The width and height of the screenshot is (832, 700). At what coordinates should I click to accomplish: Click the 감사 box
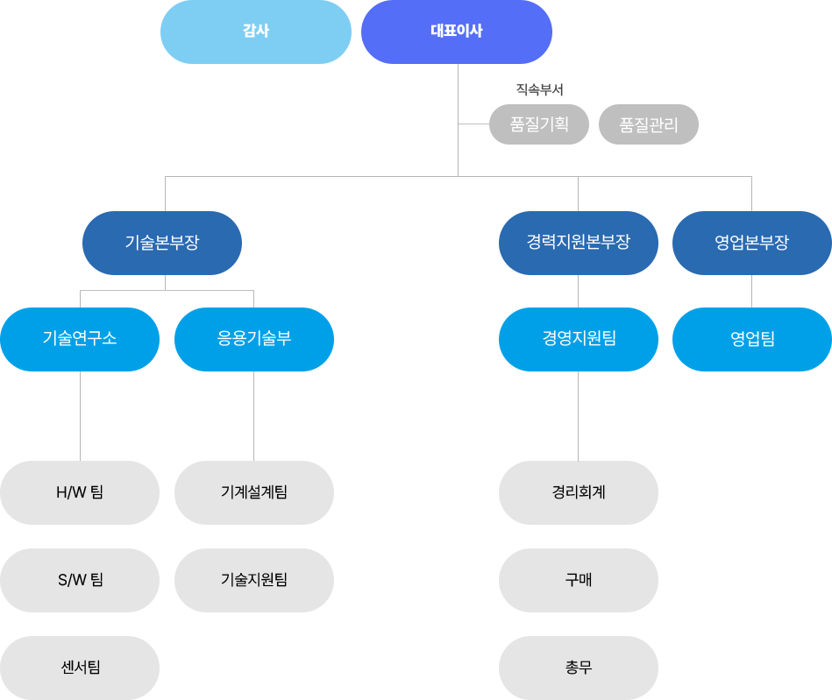tap(256, 32)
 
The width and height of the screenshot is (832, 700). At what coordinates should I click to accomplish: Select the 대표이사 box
tap(457, 32)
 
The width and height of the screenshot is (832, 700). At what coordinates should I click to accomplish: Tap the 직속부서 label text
tap(540, 89)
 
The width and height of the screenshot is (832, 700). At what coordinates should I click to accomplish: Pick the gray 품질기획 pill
tap(539, 124)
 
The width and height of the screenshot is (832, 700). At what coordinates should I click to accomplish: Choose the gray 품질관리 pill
tap(649, 124)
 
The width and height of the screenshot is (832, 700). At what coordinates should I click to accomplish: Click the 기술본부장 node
tap(162, 243)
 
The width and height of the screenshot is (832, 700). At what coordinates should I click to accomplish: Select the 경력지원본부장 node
tap(579, 243)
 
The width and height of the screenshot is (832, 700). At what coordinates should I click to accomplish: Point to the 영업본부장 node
tap(752, 243)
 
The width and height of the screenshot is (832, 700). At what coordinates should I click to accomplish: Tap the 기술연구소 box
tap(80, 339)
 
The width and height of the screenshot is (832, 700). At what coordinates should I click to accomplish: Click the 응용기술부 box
tap(254, 339)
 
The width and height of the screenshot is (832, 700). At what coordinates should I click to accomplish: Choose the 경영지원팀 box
tap(579, 339)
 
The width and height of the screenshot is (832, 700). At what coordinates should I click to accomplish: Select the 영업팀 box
tap(752, 339)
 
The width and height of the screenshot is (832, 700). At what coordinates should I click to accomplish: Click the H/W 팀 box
tap(80, 492)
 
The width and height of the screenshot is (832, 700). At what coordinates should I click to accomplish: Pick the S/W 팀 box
tap(80, 580)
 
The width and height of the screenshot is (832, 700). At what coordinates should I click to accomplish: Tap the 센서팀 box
tap(80, 668)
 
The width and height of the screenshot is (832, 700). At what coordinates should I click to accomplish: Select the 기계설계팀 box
tap(254, 492)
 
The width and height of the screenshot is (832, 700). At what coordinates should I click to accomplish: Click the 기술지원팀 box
tap(254, 580)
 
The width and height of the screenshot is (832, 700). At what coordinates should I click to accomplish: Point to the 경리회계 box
tap(579, 492)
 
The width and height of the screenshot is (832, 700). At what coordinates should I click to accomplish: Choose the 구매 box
tap(579, 580)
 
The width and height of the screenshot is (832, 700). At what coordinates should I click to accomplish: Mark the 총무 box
tap(579, 668)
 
